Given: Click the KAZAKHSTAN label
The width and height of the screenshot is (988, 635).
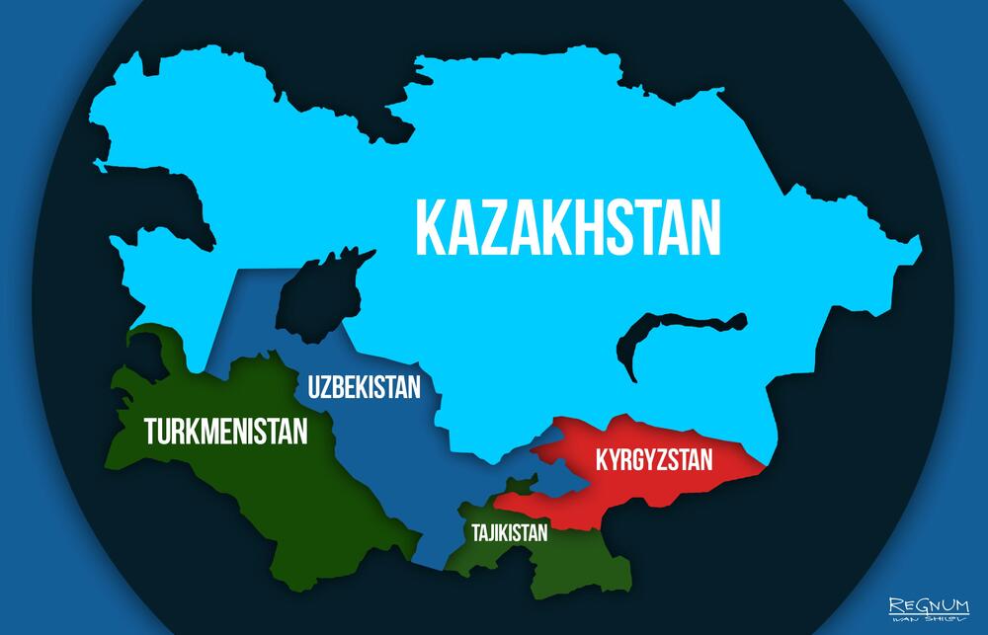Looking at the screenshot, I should point(567,228).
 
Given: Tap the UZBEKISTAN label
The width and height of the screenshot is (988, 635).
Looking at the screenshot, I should point(365,385).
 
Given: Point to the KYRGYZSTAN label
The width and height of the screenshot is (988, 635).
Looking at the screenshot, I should point(653,459).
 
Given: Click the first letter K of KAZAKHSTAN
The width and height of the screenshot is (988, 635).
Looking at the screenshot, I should point(431,228).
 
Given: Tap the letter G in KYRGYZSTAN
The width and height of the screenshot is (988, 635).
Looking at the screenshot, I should point(647,459).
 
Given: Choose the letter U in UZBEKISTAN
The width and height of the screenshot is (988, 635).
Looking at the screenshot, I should point(314,385).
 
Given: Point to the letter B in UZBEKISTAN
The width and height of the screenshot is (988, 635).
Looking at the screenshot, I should point(341,385).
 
